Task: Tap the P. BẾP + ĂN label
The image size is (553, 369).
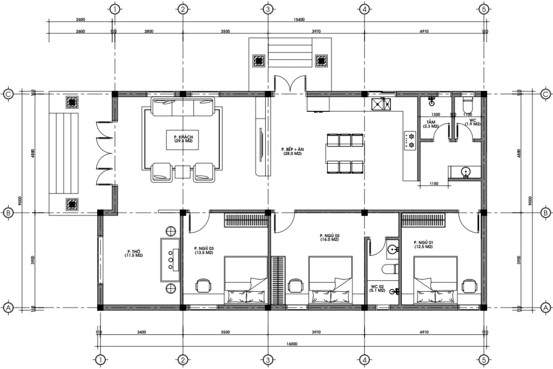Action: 291,151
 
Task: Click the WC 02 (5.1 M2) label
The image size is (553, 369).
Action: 377,289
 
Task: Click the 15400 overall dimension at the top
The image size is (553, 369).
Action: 299,19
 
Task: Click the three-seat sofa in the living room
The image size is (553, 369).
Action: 181,108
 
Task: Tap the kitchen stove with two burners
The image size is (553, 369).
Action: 409,140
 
